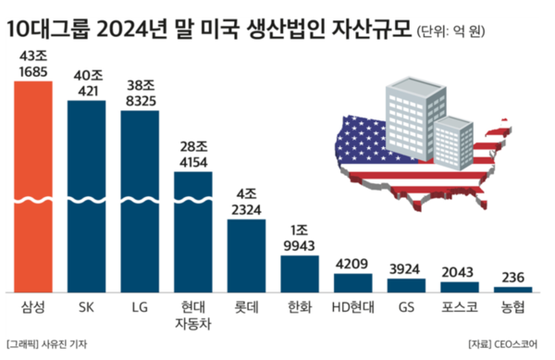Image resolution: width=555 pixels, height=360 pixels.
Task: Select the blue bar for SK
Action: click(x=86, y=194)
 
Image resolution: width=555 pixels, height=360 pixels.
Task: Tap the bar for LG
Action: click(x=140, y=199)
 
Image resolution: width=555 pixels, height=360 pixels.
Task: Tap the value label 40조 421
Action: click(x=86, y=83)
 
